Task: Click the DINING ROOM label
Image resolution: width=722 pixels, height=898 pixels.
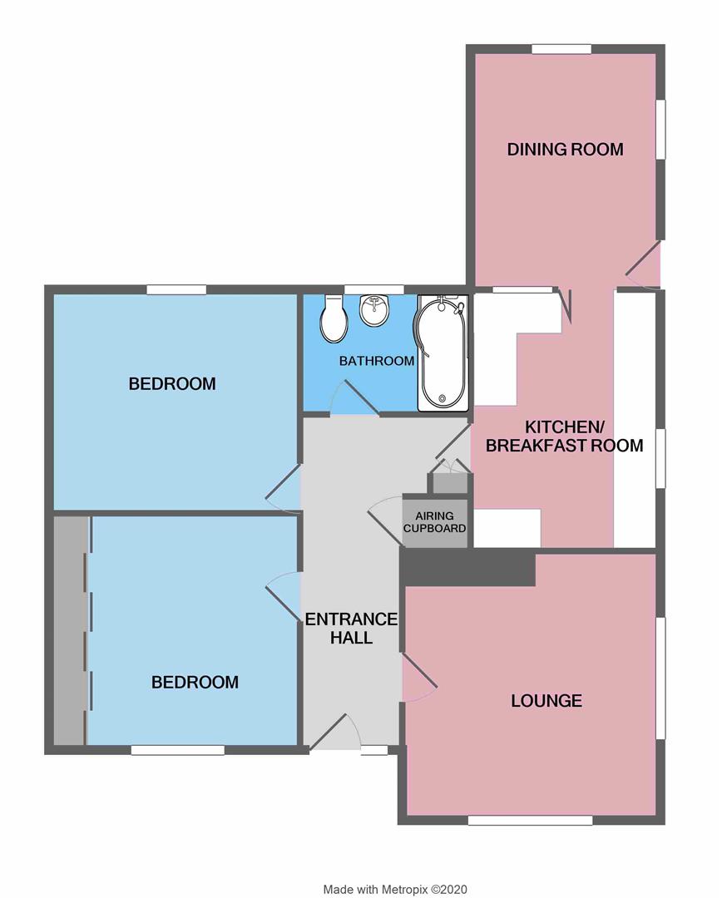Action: (x=566, y=150)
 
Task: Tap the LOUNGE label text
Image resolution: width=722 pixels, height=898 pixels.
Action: (x=546, y=701)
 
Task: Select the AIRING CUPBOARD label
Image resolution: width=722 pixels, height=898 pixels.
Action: (x=434, y=521)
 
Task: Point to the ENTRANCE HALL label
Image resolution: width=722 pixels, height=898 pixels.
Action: (x=351, y=629)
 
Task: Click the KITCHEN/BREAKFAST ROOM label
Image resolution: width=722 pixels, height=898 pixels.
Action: (x=564, y=437)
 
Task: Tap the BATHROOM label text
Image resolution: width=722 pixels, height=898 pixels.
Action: (x=377, y=361)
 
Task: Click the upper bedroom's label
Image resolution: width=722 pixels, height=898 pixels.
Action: (x=172, y=384)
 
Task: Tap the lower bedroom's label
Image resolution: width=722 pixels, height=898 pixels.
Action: (x=195, y=683)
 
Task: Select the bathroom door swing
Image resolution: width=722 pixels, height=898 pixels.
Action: (x=353, y=397)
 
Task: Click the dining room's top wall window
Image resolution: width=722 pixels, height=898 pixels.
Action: (x=561, y=49)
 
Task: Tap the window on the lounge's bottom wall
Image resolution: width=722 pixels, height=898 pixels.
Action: (x=530, y=821)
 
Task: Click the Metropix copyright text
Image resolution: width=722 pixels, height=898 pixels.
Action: (x=401, y=890)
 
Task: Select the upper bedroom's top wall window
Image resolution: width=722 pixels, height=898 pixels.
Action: (x=176, y=289)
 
